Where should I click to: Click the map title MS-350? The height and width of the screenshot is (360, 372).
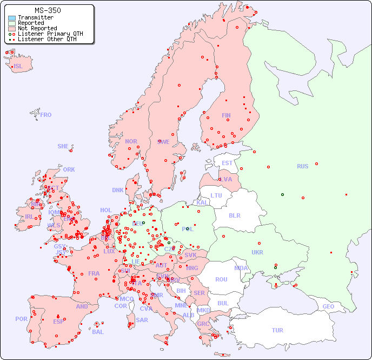[x=48, y=10]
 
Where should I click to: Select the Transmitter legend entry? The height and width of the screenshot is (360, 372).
[x=35, y=17]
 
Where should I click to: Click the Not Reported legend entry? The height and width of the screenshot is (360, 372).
[x=37, y=28]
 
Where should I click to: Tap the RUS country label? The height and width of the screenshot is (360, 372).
[x=302, y=166]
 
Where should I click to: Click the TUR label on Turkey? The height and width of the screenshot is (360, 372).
[x=277, y=330]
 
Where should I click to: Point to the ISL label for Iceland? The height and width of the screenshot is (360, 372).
[x=18, y=67]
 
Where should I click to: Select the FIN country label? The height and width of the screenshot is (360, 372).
[x=226, y=115]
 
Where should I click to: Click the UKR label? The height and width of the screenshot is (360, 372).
[x=257, y=252]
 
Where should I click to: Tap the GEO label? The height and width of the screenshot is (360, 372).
[x=328, y=306]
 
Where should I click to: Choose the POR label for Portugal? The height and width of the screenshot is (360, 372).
[x=21, y=319]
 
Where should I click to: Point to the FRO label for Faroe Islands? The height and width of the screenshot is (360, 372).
[x=46, y=115]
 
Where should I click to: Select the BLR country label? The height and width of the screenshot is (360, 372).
[x=234, y=215]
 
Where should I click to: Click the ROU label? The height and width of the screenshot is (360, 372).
[x=221, y=279]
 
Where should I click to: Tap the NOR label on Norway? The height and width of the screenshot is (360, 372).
[x=131, y=141]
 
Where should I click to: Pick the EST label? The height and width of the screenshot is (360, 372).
[x=227, y=163]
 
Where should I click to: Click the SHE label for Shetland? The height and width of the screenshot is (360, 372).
[x=63, y=146]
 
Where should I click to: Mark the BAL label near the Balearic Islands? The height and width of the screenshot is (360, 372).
[x=97, y=332]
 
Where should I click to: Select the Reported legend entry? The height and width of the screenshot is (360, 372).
[x=31, y=23]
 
